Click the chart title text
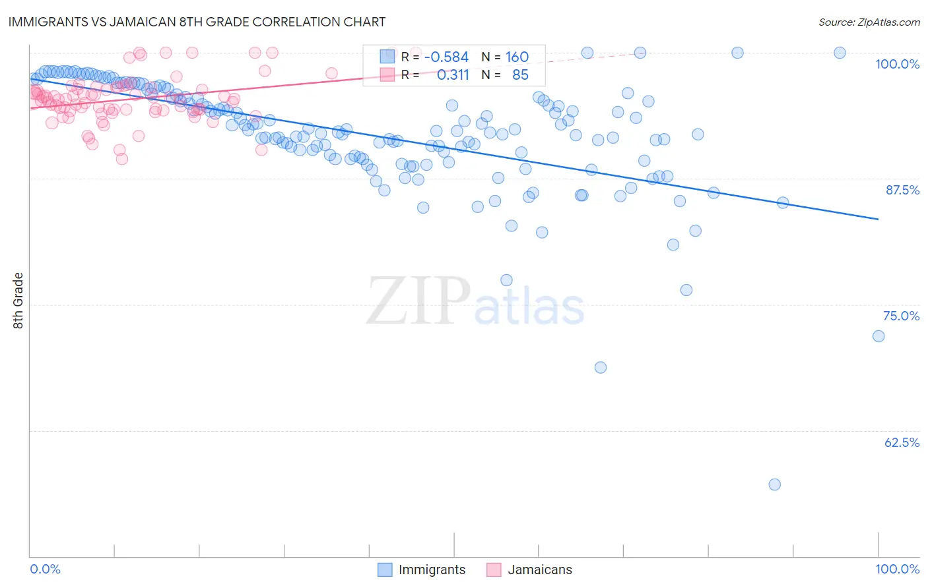(197, 22)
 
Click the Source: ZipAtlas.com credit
(869, 22)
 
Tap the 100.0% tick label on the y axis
(897, 64)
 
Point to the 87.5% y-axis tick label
(902, 190)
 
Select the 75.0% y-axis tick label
(901, 316)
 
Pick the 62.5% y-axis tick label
(902, 442)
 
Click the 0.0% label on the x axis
(45, 569)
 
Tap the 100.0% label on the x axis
(897, 569)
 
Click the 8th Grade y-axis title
(18, 301)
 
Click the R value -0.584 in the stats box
(446, 57)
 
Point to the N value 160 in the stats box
(517, 57)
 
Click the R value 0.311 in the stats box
(453, 75)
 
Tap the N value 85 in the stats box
(520, 75)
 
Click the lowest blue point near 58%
(775, 485)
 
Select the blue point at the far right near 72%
(878, 336)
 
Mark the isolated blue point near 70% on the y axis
(601, 367)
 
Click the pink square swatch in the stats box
(387, 75)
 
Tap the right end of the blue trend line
(878, 219)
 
